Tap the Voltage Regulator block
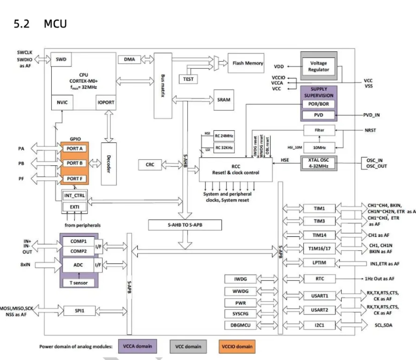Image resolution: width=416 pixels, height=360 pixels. click(318, 66)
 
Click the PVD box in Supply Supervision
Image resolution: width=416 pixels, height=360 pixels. click(318, 116)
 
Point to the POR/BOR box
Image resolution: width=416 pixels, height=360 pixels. click(318, 104)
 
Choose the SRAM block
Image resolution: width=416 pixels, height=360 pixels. click(224, 100)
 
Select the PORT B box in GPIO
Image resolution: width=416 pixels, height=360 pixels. click(75, 163)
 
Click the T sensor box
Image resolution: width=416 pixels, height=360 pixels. click(79, 283)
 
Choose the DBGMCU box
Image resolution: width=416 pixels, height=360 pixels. click(240, 325)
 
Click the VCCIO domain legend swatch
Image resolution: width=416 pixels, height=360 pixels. click(237, 346)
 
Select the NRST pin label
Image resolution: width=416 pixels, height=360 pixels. click(370, 130)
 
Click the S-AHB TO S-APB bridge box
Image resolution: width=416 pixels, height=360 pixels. click(185, 225)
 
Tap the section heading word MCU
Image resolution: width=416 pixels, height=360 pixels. click(55, 24)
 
